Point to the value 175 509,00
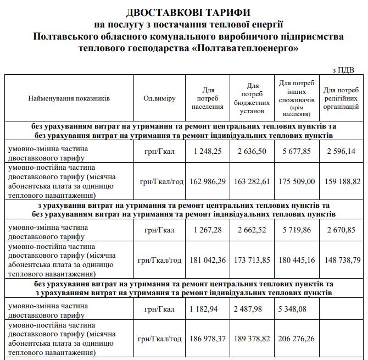point(299,180)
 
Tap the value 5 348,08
point(299,309)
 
